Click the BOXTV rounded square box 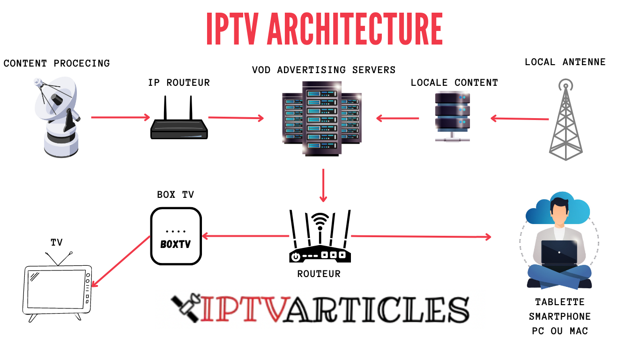click(x=176, y=236)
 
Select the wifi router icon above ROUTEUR click(x=320, y=237)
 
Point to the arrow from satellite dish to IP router click(x=120, y=117)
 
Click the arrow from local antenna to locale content click(x=519, y=119)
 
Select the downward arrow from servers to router click(x=323, y=185)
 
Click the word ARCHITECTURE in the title click(x=355, y=29)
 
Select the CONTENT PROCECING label click(x=57, y=63)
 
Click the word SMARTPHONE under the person click(x=559, y=317)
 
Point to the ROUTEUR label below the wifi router click(x=319, y=274)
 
